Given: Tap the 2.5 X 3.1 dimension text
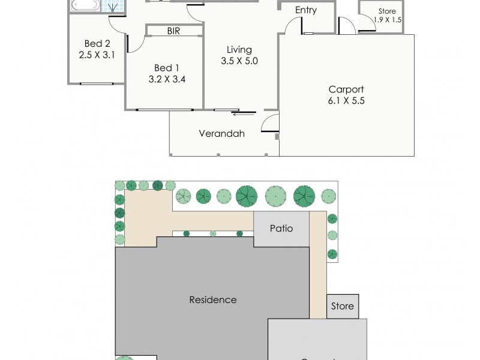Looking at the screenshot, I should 96,55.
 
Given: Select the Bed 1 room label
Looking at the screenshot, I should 166,67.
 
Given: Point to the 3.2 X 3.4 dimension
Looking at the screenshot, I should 166,79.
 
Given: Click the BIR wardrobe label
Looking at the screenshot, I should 173,31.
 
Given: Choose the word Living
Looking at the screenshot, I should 239,49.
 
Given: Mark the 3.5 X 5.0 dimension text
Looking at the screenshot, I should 239,61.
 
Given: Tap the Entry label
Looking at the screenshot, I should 305,10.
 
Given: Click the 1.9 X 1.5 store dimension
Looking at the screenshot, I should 387,20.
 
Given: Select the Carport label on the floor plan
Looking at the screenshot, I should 346,89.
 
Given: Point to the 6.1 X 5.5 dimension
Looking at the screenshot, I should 346,101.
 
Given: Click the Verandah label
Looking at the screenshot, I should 222,134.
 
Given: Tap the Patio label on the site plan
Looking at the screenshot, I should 281,228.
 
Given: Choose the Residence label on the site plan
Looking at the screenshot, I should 213,299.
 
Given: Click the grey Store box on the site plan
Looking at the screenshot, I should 343,306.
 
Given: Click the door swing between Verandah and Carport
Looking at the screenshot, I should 270,123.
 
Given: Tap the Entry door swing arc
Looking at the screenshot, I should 292,26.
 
